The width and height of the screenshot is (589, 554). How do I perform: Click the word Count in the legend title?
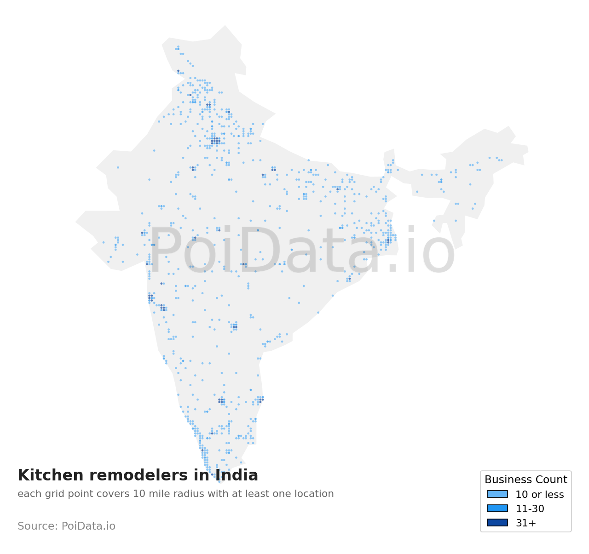pyautogui.click(x=552, y=480)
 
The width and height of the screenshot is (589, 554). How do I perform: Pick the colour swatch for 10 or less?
pyautogui.click(x=497, y=494)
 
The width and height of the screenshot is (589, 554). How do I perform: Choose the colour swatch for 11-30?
pyautogui.click(x=497, y=508)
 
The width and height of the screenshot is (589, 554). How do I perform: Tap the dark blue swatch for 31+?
pyautogui.click(x=497, y=523)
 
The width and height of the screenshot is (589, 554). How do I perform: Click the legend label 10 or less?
pyautogui.click(x=539, y=495)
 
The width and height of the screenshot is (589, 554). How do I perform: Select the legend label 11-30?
pyautogui.click(x=530, y=509)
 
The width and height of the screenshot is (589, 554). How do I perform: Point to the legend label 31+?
pyautogui.click(x=525, y=523)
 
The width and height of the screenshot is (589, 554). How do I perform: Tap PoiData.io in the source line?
pyautogui.click(x=88, y=526)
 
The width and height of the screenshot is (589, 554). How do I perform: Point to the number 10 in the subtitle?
pyautogui.click(x=138, y=494)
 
